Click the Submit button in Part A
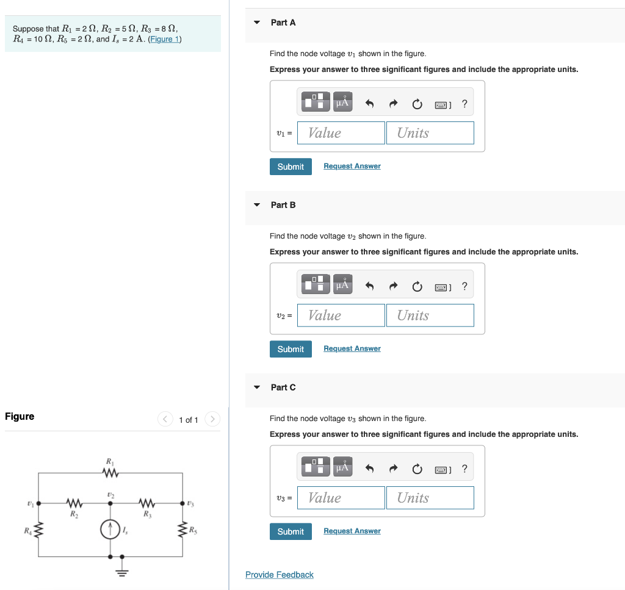(x=291, y=167)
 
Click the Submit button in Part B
(x=291, y=349)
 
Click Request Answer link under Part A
(x=352, y=166)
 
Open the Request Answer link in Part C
(x=352, y=531)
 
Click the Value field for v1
(x=341, y=133)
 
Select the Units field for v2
(x=430, y=315)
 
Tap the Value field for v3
(x=341, y=498)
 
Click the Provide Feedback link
(x=279, y=575)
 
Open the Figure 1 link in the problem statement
(x=164, y=39)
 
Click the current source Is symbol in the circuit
(x=110, y=529)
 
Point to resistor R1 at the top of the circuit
(x=110, y=473)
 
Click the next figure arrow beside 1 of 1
(x=212, y=419)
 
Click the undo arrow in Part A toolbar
(x=369, y=104)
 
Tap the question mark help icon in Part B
(x=464, y=286)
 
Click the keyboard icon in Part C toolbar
(x=442, y=469)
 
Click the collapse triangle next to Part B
(x=257, y=205)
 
